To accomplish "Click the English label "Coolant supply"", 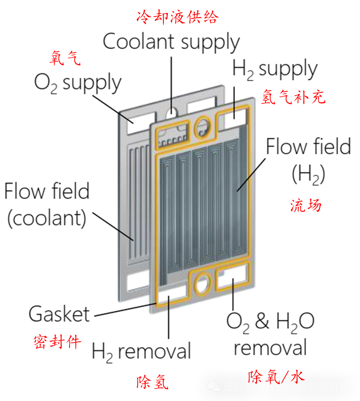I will coord(171,42).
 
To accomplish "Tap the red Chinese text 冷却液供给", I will coord(177,17).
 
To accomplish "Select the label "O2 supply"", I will coord(78,83).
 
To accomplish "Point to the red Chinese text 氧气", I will coord(65,58).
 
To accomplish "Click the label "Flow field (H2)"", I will coord(308,160).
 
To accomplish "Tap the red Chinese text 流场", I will coord(306,206).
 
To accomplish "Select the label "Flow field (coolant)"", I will coord(47,205).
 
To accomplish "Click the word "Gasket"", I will coord(59,314).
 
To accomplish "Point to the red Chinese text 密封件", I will coord(57,342).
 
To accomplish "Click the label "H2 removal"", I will coord(141,351).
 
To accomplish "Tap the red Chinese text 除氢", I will coord(152,383).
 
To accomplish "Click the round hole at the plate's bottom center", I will coord(203,283).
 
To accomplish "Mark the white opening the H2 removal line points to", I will coord(172,292).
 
